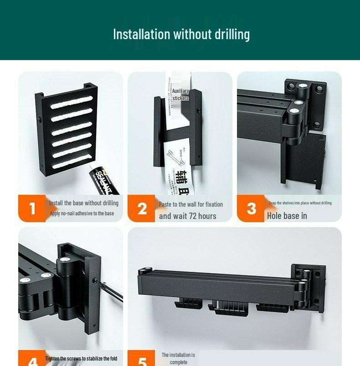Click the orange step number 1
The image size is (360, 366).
(x=32, y=208)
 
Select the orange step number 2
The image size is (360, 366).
(x=142, y=208)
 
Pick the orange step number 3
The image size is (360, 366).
(x=252, y=208)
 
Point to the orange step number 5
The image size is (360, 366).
(x=143, y=361)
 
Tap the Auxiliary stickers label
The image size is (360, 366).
(x=180, y=95)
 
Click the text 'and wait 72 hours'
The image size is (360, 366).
(x=188, y=216)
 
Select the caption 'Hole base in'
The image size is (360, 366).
(x=287, y=216)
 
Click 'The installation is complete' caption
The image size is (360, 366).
(x=178, y=358)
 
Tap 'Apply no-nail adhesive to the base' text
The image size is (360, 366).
(x=82, y=213)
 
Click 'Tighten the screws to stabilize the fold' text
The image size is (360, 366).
(x=81, y=359)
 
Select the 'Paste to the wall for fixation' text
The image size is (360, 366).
(x=191, y=204)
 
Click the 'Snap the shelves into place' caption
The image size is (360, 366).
(x=300, y=203)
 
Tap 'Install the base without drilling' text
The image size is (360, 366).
(x=84, y=203)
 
